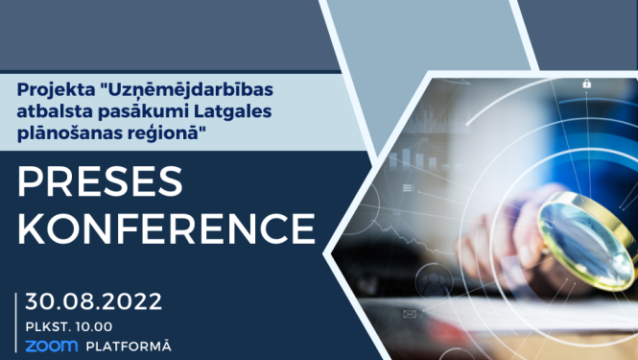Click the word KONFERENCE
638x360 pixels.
[167, 230]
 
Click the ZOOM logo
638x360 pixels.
[50, 345]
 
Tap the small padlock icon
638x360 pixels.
[585, 84]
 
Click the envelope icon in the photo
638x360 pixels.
[410, 314]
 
